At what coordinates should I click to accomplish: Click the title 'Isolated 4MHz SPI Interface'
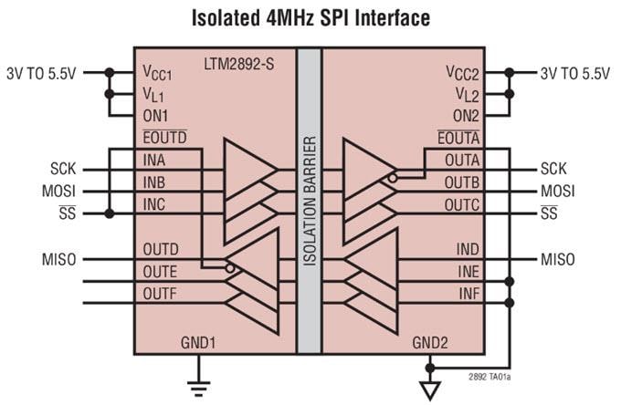[310, 17]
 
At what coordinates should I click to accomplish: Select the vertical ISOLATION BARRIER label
[310, 201]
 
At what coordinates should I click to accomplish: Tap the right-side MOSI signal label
[557, 192]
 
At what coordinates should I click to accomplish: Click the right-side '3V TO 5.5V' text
[574, 73]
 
